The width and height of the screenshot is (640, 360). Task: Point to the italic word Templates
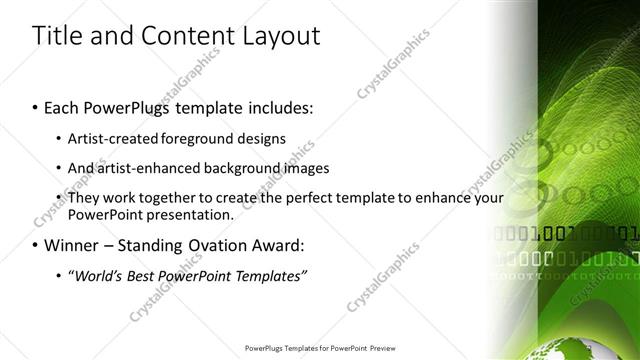point(268,275)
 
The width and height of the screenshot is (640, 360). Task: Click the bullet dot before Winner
point(36,245)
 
